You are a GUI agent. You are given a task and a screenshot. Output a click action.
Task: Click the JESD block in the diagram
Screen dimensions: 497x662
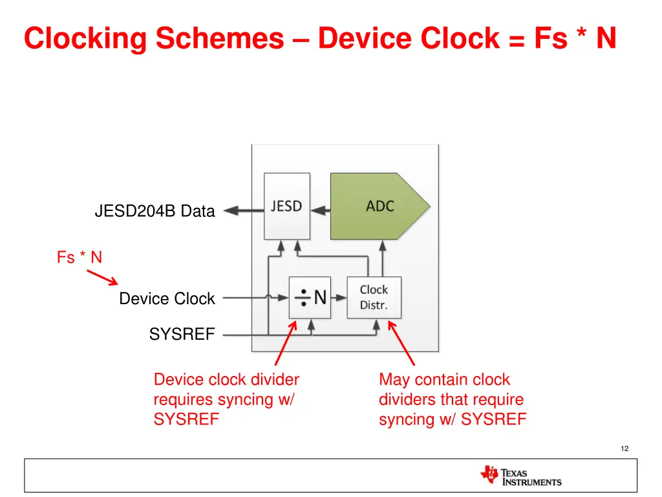(x=286, y=206)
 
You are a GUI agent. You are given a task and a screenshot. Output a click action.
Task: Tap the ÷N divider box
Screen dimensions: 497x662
(x=310, y=298)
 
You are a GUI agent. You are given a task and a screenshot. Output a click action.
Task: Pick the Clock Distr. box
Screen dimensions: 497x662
(x=374, y=298)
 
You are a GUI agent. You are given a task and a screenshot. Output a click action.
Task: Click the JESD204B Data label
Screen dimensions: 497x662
(x=155, y=211)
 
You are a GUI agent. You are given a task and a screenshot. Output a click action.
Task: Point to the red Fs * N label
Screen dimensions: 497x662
(x=79, y=258)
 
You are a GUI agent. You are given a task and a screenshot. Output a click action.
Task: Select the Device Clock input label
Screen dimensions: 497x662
(x=167, y=299)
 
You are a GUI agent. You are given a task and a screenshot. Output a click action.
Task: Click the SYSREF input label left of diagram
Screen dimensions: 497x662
(x=182, y=335)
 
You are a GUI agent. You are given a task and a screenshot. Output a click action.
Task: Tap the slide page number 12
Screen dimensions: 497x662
(x=624, y=448)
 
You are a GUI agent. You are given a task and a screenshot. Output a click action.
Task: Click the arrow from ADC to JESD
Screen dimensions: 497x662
(x=320, y=210)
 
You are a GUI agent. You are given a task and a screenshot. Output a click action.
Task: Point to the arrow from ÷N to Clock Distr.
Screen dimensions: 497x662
(x=339, y=298)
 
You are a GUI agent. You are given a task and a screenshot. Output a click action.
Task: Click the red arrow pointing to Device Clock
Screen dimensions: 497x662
(x=102, y=278)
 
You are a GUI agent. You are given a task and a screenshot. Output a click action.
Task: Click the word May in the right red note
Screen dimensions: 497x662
(x=394, y=379)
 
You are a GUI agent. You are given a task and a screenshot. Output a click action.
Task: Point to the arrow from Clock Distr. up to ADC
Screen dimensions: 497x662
(x=383, y=258)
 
